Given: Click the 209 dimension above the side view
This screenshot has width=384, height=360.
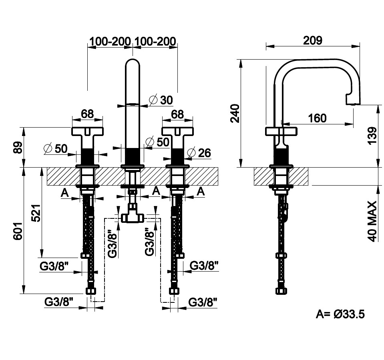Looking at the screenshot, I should coord(313,40).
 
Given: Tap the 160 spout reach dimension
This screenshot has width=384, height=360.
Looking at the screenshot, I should coord(318,118).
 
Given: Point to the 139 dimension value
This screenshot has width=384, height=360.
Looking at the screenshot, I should coord(372,136).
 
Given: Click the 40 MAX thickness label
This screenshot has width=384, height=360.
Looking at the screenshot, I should coord(372,221).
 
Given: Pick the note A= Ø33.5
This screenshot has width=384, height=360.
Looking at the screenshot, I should coord(340,314).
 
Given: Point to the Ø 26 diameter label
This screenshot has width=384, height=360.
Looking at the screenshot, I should coord(199,152).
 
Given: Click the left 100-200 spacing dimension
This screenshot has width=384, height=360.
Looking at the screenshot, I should coord(110,41).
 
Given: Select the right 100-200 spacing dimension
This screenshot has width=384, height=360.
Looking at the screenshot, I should coord(155,41).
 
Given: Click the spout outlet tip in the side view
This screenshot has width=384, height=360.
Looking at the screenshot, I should coord(353,102).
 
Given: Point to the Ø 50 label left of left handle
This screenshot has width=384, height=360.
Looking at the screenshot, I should coord(56,148).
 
